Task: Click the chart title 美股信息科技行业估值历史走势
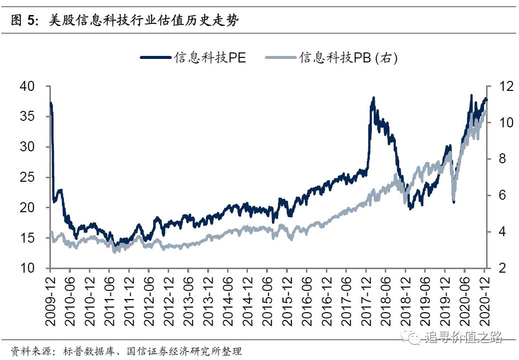pyautogui.click(x=144, y=20)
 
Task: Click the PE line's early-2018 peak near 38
pyautogui.click(x=373, y=99)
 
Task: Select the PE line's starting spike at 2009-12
pyautogui.click(x=51, y=103)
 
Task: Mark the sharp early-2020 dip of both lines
pyautogui.click(x=453, y=200)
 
